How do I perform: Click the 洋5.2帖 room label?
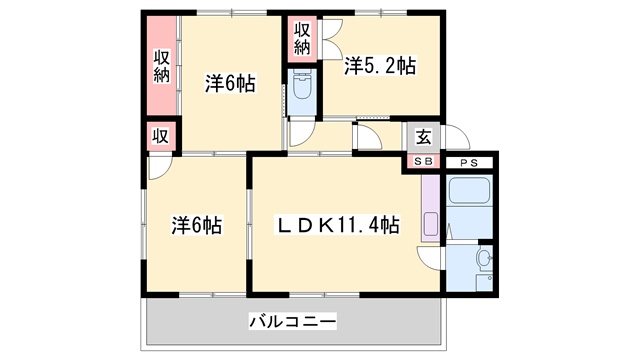click(380, 67)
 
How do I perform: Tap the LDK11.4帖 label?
click(339, 225)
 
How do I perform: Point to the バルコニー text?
click(292, 322)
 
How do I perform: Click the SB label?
click(423, 162)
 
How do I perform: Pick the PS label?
click(470, 162)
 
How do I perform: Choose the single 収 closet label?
click(159, 136)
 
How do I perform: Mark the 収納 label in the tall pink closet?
click(161, 65)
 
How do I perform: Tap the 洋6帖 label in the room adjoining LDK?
click(195, 226)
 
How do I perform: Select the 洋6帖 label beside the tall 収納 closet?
click(230, 84)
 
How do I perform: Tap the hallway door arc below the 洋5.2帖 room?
click(368, 139)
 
